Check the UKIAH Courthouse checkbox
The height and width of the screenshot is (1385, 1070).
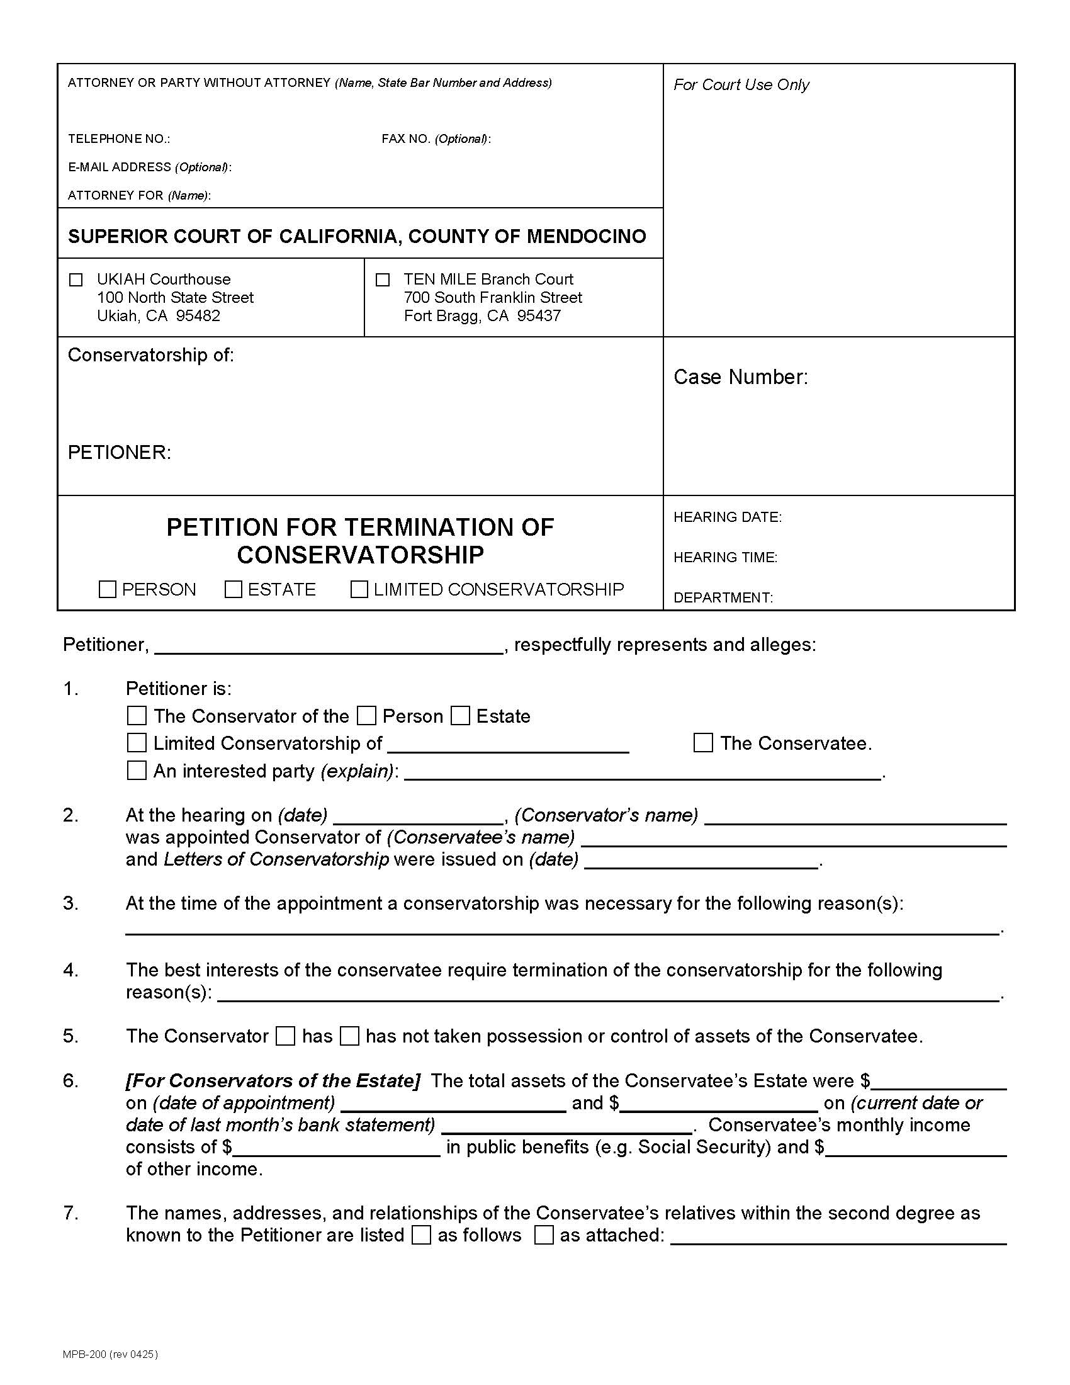[x=76, y=280]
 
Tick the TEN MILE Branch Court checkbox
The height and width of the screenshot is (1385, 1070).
[x=383, y=280]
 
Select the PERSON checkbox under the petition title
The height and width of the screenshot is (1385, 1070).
[x=108, y=589]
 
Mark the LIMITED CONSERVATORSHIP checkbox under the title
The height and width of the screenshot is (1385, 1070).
[x=359, y=589]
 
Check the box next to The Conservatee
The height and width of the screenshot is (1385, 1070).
[x=703, y=743]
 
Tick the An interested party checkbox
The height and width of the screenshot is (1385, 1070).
[x=137, y=771]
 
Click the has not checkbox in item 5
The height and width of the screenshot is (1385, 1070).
[x=349, y=1036]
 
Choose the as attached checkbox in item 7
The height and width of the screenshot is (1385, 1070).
[x=544, y=1235]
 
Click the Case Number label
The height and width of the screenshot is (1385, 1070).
[x=740, y=376]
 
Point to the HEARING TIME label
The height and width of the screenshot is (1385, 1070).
[x=725, y=557]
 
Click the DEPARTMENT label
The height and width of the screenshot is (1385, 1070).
[x=723, y=597]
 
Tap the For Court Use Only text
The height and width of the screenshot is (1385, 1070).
[x=741, y=85]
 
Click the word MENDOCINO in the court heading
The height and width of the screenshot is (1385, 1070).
[x=587, y=236]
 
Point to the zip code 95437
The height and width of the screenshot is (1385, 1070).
[x=539, y=316]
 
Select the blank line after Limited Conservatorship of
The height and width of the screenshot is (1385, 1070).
[x=508, y=745]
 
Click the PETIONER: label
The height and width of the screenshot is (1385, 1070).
[x=119, y=452]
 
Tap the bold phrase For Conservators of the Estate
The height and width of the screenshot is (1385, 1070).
[x=273, y=1080]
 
